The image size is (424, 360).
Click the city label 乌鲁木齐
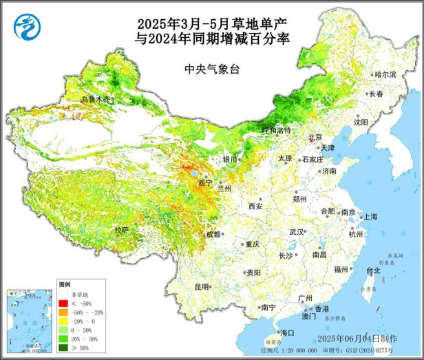(96, 100)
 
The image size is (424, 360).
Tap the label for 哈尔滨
(385, 74)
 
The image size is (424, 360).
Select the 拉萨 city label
(122, 229)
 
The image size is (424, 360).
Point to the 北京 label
(315, 136)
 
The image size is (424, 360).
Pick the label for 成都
(213, 234)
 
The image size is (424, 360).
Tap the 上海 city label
(370, 216)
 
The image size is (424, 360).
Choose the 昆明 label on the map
(202, 286)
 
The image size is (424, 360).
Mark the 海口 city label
(287, 332)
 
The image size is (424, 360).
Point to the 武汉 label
(297, 232)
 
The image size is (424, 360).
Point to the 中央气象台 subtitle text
(211, 69)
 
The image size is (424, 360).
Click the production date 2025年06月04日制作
(358, 339)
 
